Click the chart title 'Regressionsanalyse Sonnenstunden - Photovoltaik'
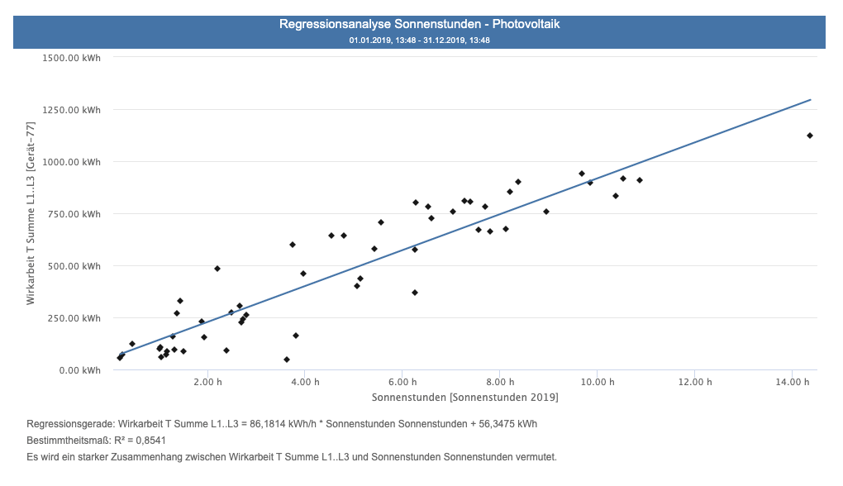point(420,25)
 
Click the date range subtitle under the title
point(420,40)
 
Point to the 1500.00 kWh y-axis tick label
point(74,58)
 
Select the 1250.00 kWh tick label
point(74,110)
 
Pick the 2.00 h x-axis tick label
point(207,383)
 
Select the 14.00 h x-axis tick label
point(791,383)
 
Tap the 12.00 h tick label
point(694,383)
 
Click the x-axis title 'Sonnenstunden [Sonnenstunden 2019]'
point(464,398)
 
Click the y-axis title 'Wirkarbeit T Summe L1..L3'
point(31,213)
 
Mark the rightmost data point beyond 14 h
point(810,136)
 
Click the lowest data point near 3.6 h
point(287,360)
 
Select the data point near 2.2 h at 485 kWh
point(217,269)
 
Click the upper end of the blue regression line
point(809,100)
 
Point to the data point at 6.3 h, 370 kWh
point(415,293)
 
